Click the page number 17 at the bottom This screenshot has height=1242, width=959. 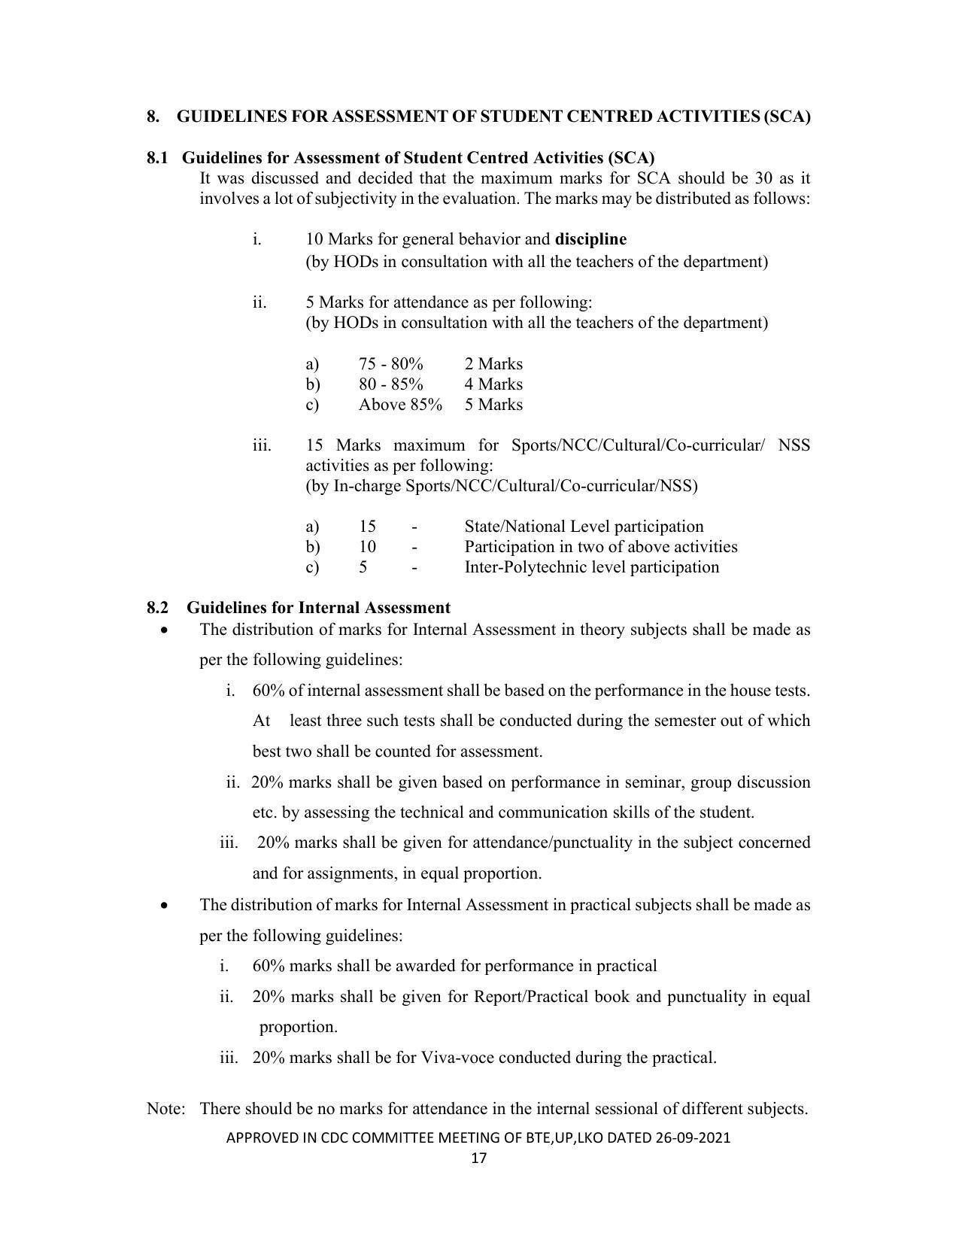tap(479, 1158)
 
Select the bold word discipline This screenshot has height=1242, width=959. tap(590, 239)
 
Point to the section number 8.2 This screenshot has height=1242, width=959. tap(157, 608)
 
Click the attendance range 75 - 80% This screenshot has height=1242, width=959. tap(390, 364)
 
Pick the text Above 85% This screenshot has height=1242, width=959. tap(400, 405)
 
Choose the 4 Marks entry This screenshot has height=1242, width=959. tap(493, 384)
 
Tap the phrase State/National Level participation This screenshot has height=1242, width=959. tap(584, 527)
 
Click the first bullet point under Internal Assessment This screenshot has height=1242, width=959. tap(165, 630)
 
